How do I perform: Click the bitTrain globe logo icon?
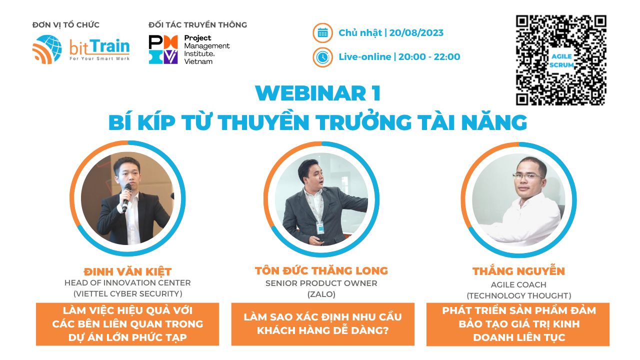coord(47,49)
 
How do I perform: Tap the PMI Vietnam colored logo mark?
coord(163,49)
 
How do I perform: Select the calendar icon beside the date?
coord(322,33)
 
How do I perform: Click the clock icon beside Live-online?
coord(322,57)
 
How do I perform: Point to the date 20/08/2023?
coord(416,33)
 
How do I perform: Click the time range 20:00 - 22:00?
coord(429,57)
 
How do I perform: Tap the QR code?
coord(561,60)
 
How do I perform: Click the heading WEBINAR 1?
coord(318,93)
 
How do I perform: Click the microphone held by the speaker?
coord(126,197)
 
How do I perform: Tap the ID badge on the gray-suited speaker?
coord(320,227)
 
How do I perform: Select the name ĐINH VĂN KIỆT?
coord(127,271)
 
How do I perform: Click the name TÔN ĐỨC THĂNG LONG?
coord(321,270)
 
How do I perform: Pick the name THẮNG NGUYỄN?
coord(519,271)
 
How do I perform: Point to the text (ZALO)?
coord(321,294)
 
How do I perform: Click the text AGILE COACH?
coord(518,284)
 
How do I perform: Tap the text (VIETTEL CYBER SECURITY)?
coord(127,293)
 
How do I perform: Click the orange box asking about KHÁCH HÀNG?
coord(323,324)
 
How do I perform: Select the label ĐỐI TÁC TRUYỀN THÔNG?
coord(197,25)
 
